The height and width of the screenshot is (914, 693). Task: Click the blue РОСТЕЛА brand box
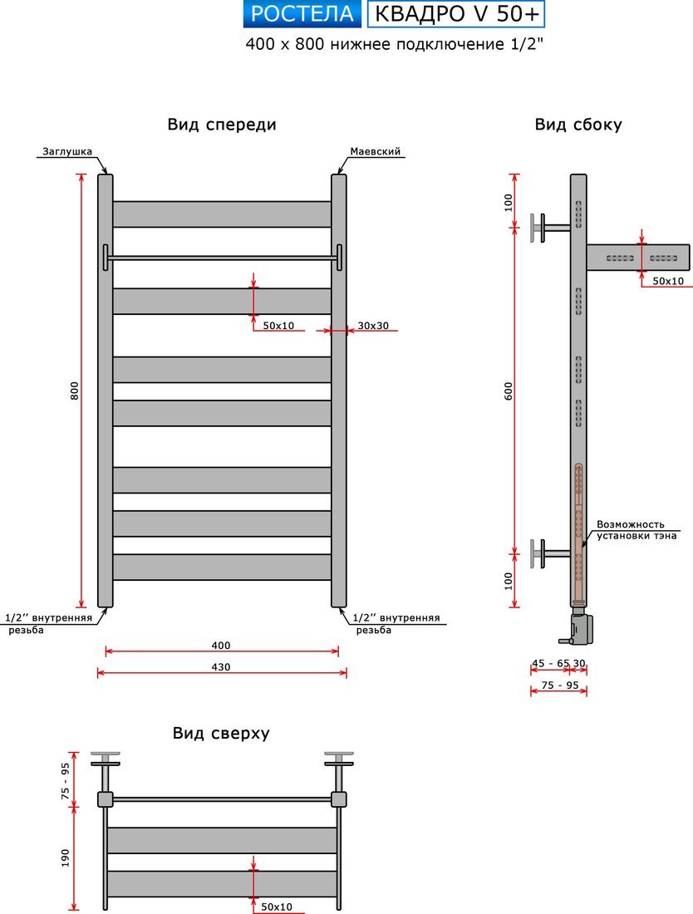coord(302,14)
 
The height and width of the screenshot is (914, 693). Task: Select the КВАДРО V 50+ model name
coord(455,14)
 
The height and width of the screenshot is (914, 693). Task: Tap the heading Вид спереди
coord(222,125)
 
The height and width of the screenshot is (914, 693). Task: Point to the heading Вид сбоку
coord(578,125)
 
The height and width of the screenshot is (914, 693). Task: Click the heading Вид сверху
coord(221,733)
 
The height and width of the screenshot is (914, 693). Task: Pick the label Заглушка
coord(66,152)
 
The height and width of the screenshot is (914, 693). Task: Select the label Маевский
coord(376,152)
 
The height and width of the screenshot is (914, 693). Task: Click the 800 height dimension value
coord(74,391)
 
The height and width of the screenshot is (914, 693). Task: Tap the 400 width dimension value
coord(221,646)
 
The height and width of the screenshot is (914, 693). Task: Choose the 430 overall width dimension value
coord(221,666)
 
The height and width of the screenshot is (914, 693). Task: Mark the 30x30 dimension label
coord(373,325)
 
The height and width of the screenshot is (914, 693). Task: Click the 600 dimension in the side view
coord(509,391)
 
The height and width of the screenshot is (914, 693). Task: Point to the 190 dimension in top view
coord(66,857)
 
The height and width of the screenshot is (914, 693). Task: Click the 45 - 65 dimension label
coord(551,663)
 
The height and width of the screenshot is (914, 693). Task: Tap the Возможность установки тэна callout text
coord(636,530)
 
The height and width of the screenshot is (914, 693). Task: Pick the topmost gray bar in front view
coord(222,214)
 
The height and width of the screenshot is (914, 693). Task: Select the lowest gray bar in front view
coord(222,567)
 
